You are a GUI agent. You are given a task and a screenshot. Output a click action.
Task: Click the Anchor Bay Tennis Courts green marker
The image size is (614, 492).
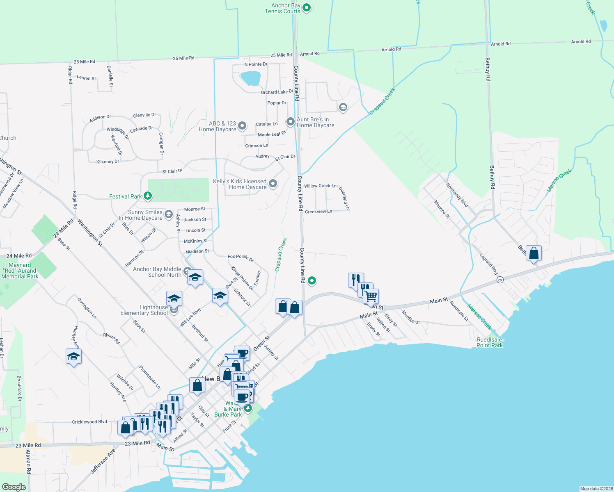[307, 7]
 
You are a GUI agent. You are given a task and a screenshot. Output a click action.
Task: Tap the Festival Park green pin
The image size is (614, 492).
[148, 196]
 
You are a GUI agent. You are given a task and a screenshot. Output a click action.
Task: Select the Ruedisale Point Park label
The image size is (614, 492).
[489, 342]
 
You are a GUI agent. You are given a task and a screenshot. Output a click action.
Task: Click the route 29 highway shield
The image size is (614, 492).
[499, 280]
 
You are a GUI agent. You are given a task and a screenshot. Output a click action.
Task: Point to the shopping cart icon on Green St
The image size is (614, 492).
[371, 296]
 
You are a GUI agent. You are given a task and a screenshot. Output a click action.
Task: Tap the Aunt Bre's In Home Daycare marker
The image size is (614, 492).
[291, 121]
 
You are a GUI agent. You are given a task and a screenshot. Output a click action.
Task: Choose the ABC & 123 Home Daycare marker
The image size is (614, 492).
[242, 125]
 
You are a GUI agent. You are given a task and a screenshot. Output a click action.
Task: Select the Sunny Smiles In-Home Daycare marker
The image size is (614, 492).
[168, 214]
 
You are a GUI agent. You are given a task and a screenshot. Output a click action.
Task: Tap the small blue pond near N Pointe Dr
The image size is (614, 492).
[250, 78]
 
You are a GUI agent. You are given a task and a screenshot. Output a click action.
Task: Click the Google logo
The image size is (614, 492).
[14, 487]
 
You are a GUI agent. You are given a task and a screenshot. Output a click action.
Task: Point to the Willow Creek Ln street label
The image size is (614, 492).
[320, 186]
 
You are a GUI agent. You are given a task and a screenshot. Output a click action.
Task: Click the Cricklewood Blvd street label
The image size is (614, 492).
[89, 421]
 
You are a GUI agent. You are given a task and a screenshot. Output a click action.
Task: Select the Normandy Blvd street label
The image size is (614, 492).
[457, 195]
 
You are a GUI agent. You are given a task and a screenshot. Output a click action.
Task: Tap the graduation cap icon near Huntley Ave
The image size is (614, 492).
[73, 356]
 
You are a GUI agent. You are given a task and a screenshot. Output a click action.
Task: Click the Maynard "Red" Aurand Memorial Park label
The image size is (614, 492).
[20, 271]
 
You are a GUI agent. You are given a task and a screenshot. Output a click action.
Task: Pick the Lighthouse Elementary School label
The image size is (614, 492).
[144, 310]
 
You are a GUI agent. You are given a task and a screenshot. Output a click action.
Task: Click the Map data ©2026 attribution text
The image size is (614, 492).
[596, 489]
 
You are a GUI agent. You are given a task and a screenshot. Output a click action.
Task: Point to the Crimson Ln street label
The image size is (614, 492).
[257, 146]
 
